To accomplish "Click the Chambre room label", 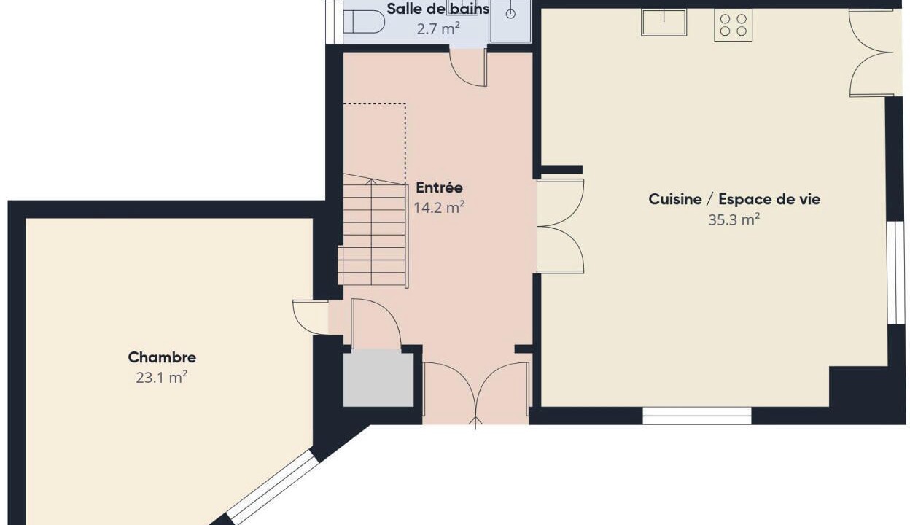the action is click(162, 357).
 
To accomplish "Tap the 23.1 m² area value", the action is click(162, 378).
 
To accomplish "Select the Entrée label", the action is click(439, 187).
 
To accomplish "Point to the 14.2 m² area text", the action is click(439, 208).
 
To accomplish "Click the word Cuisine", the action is click(675, 199).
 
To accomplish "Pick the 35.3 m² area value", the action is click(734, 219).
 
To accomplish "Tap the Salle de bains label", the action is click(438, 9).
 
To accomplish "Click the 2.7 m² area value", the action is click(438, 29).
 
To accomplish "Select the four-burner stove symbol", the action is click(734, 25).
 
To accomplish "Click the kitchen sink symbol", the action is click(664, 23).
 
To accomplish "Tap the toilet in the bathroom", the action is click(364, 22).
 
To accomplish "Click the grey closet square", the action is click(378, 378).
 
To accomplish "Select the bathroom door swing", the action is click(468, 68).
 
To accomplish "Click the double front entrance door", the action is click(475, 393).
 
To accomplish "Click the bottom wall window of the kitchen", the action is click(697, 416).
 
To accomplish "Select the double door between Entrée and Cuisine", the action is click(561, 226).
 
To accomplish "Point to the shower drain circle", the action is click(510, 14).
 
